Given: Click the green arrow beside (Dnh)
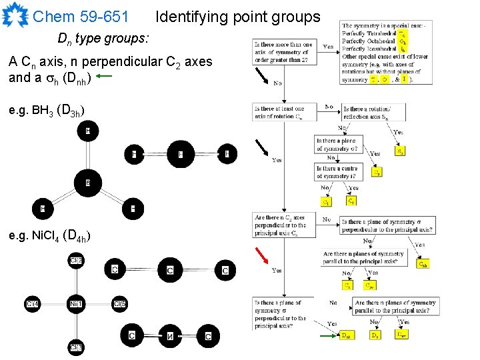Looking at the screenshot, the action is point(117,77).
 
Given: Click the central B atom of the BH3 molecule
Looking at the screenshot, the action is point(87,182).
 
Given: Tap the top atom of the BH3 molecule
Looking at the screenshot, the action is point(87,132).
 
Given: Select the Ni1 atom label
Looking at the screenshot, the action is point(76,304).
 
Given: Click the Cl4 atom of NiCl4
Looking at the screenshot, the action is point(32,304).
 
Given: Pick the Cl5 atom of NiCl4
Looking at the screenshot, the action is point(119,304).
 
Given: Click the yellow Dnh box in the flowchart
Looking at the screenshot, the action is point(347,336).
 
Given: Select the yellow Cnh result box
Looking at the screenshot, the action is point(423,264).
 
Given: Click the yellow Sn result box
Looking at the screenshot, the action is point(399,151).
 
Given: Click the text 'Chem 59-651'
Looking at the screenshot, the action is point(81,16).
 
